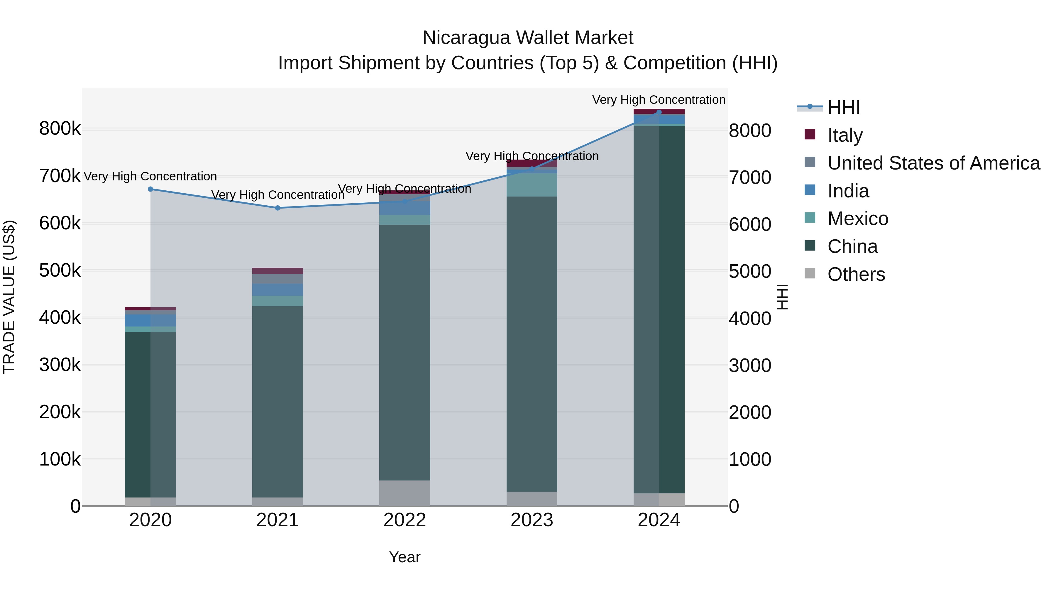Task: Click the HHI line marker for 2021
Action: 277,208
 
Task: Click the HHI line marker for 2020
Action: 150,189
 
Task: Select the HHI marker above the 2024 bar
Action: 659,112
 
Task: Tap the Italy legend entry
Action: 845,135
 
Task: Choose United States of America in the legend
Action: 933,163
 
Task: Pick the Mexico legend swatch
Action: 810,218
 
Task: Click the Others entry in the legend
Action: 856,274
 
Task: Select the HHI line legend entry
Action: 843,107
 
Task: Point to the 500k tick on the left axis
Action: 60,270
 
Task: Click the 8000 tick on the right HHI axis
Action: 750,131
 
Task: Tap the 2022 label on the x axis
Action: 405,520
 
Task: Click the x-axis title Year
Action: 405,557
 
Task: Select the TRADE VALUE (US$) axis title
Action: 9,297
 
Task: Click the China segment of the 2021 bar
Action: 277,402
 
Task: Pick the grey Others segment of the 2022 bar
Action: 405,493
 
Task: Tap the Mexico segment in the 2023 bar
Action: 532,185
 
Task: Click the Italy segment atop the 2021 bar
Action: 277,270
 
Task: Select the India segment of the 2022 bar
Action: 405,208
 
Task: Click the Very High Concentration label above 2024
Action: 659,100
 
